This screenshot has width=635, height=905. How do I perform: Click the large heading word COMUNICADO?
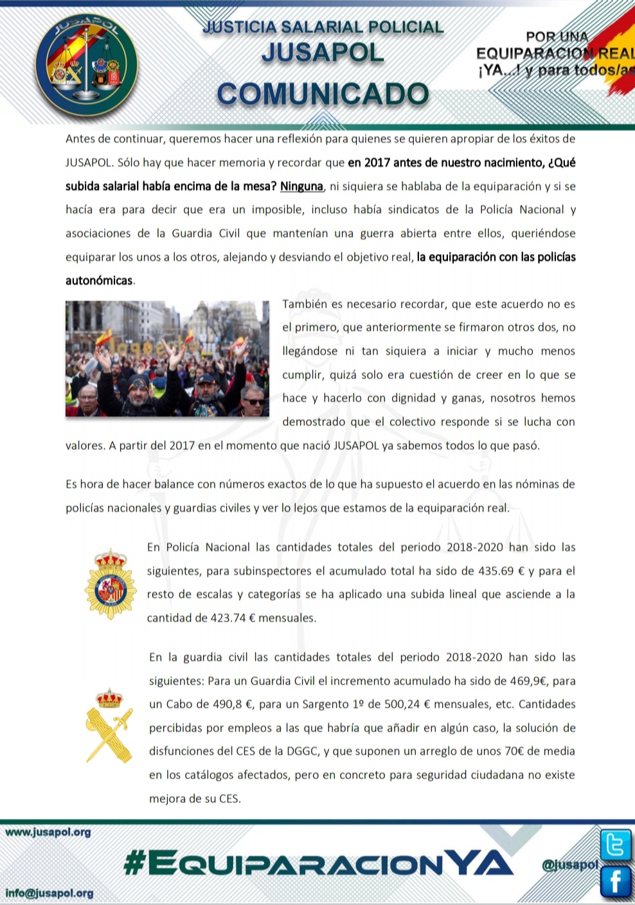pyautogui.click(x=323, y=94)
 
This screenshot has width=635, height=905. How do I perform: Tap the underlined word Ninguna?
pyautogui.click(x=301, y=187)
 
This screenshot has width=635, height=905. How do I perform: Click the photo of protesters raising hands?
pyautogui.click(x=167, y=358)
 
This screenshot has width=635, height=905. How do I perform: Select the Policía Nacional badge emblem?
pyautogui.click(x=111, y=584)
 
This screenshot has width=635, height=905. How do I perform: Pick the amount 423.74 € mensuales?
pyautogui.click(x=264, y=618)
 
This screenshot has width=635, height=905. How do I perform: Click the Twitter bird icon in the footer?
pyautogui.click(x=615, y=845)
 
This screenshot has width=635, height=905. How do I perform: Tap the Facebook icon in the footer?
pyautogui.click(x=615, y=881)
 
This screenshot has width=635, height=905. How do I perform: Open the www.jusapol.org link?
pyautogui.click(x=48, y=832)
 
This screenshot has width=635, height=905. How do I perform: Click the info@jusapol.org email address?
pyautogui.click(x=49, y=893)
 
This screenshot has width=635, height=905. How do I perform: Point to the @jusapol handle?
pyautogui.click(x=570, y=865)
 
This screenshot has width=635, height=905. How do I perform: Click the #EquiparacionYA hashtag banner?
pyautogui.click(x=318, y=863)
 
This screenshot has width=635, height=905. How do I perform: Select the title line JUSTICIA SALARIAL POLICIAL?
pyautogui.click(x=323, y=27)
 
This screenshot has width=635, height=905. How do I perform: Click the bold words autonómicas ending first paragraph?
pyautogui.click(x=99, y=280)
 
